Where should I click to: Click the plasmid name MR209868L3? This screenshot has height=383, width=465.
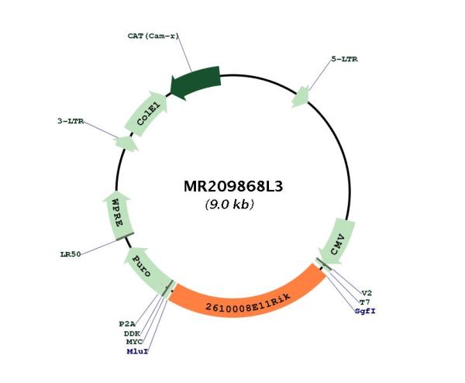[233, 187]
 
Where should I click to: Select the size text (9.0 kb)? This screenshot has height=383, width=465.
[229, 205]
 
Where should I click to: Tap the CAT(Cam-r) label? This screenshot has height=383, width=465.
[153, 36]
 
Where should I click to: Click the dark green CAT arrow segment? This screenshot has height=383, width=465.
[195, 82]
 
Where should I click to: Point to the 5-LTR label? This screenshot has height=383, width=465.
[344, 60]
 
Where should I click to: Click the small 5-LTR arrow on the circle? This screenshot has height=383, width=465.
[301, 97]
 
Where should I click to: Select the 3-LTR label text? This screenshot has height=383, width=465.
[71, 122]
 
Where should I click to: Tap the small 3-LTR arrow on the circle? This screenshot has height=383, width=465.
[126, 144]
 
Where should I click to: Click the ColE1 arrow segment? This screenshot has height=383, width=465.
[146, 113]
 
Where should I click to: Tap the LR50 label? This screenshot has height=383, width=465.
[71, 254]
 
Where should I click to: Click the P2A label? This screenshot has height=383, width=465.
[127, 324]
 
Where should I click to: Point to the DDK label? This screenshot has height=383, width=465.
[132, 333]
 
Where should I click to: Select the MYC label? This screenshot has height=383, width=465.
[134, 342]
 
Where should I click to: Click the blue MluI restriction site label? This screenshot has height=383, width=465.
[137, 351]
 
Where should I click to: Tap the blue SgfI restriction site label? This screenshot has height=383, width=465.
[365, 311]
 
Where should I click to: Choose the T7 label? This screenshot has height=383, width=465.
[364, 302]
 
